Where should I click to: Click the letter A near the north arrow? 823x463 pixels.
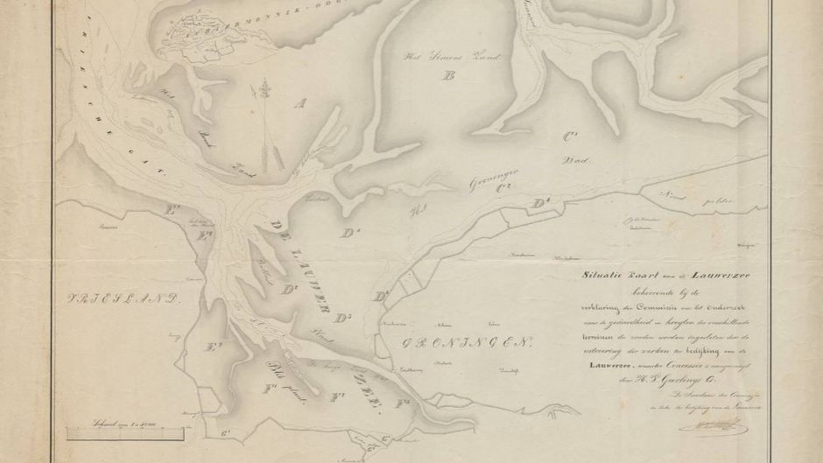coord(301,104)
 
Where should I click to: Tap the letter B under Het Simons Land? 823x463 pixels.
coord(450,76)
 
